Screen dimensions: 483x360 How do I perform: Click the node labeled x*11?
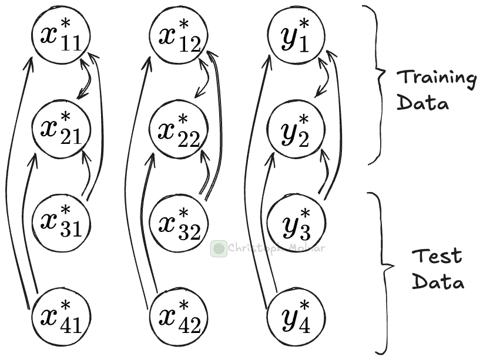pyautogui.click(x=61, y=35)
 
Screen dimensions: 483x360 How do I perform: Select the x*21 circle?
pyautogui.click(x=62, y=129)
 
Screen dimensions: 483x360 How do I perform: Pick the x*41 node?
pyautogui.click(x=62, y=318)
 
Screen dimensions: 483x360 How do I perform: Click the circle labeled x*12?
pyautogui.click(x=179, y=35)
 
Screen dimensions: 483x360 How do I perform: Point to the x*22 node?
pyautogui.click(x=179, y=129)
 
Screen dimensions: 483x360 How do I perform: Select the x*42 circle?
pyautogui.click(x=179, y=318)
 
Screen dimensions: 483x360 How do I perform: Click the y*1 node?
pyautogui.click(x=296, y=35)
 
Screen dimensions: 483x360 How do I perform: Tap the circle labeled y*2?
pyautogui.click(x=296, y=129)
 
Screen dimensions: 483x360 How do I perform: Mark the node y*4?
pyautogui.click(x=296, y=318)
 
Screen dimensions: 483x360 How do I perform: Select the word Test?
pyautogui.click(x=437, y=256)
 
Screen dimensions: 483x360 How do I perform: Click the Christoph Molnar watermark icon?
pyautogui.click(x=219, y=248)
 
